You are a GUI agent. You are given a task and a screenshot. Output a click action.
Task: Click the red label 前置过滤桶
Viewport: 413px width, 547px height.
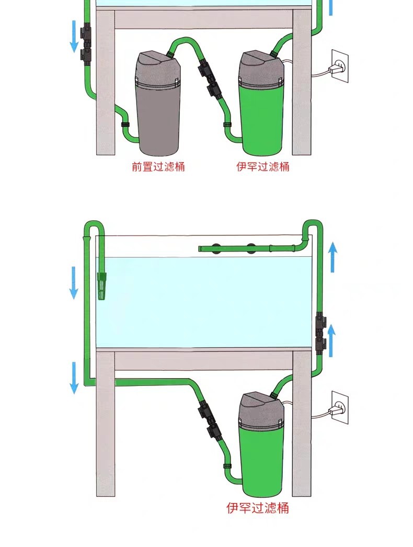point(158,166)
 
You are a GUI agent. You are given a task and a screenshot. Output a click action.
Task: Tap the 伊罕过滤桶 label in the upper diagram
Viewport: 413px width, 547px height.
point(263,166)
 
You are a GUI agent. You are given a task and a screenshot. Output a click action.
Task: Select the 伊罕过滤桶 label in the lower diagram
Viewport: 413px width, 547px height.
point(258,508)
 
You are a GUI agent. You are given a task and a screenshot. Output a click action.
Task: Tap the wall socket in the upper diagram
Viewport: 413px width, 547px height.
point(339,66)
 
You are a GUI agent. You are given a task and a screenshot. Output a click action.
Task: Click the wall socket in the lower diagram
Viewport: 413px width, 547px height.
point(339,407)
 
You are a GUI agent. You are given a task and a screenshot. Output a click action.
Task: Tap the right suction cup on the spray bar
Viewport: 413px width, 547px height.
point(251,248)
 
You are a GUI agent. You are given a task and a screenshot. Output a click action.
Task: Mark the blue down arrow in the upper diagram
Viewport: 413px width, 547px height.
point(74,36)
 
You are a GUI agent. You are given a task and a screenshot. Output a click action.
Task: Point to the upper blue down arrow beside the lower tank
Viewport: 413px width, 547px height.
point(74,282)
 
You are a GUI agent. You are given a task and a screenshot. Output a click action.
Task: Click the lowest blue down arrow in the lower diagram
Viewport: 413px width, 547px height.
point(74,378)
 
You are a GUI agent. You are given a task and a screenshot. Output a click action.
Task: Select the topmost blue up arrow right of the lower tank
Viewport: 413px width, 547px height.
point(333,257)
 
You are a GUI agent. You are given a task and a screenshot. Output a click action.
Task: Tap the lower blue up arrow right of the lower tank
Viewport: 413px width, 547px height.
point(332,340)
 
